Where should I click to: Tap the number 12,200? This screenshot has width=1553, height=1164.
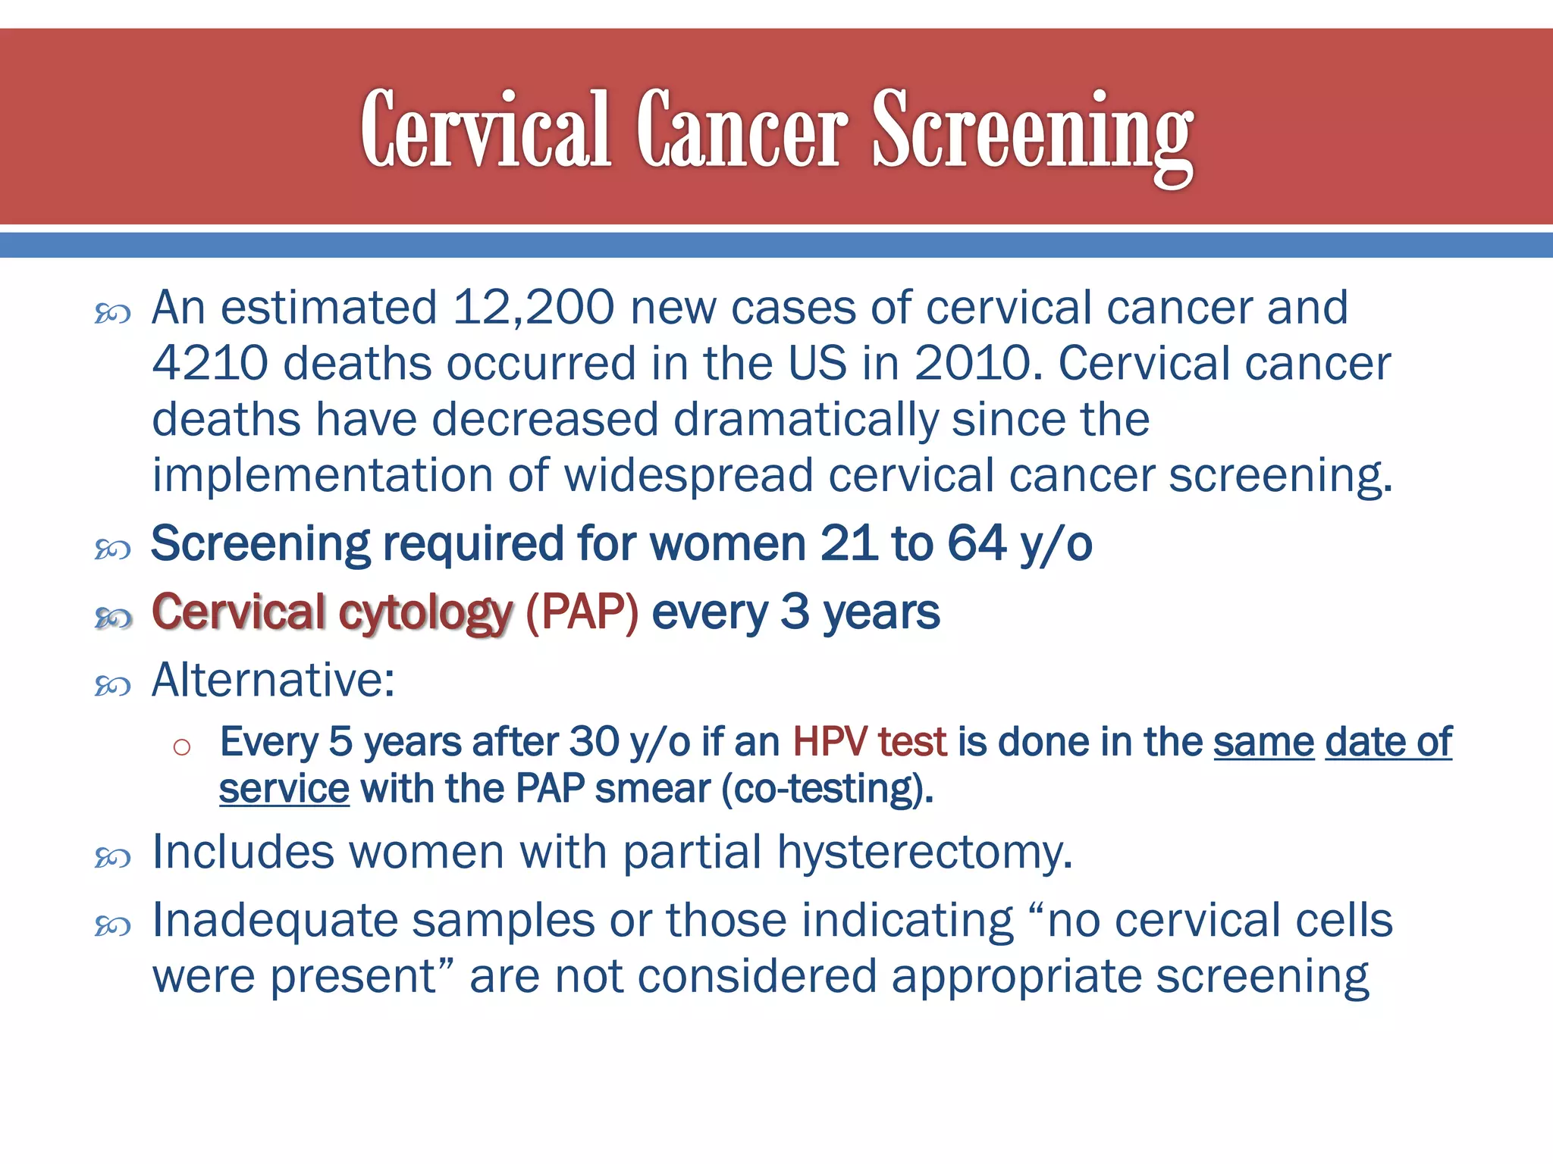click(x=533, y=308)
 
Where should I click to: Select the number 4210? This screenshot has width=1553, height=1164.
click(x=210, y=363)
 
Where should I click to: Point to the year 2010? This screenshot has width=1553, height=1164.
click(x=973, y=363)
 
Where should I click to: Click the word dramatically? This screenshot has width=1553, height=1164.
click(x=806, y=419)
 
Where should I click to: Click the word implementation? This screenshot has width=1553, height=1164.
click(x=322, y=475)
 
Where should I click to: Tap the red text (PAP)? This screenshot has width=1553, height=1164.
click(x=582, y=612)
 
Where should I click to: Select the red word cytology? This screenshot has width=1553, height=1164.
click(x=425, y=613)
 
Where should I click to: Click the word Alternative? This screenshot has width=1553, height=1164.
click(x=273, y=680)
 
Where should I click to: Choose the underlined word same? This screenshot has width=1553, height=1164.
click(x=1263, y=741)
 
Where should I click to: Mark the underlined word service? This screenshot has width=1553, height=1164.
click(x=284, y=789)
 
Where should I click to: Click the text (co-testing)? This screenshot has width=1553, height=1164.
click(x=827, y=789)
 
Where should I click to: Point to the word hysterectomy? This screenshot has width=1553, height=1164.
click(x=924, y=853)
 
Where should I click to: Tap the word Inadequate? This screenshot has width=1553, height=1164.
click(x=275, y=921)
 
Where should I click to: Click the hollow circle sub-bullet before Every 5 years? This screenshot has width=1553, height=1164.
click(x=181, y=747)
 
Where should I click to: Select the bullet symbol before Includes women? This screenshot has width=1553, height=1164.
click(x=113, y=858)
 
